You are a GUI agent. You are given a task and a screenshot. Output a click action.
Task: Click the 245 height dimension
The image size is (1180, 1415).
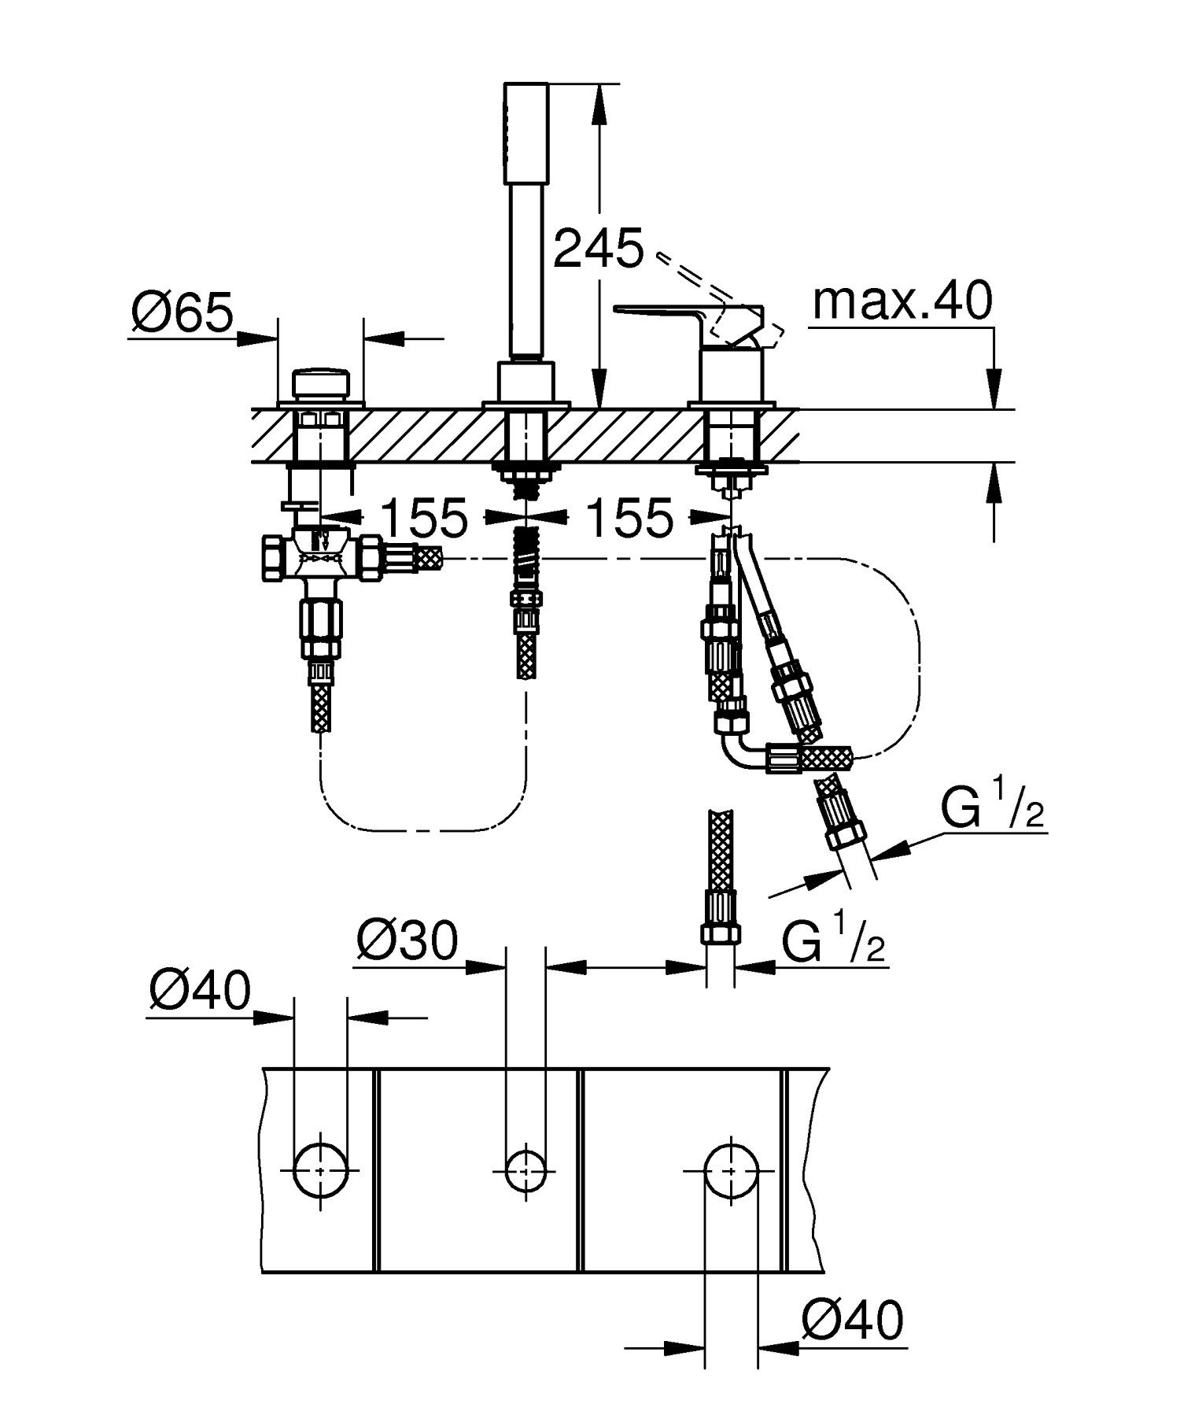pos(598,249)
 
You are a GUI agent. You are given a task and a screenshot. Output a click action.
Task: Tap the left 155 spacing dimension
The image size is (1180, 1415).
pos(424,518)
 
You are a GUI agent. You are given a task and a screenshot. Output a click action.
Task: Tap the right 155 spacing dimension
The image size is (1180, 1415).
pos(630,518)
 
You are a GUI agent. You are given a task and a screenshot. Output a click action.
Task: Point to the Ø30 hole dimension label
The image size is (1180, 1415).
pos(407,940)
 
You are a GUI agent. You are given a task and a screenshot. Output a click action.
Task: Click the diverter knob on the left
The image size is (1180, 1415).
pos(321,383)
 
